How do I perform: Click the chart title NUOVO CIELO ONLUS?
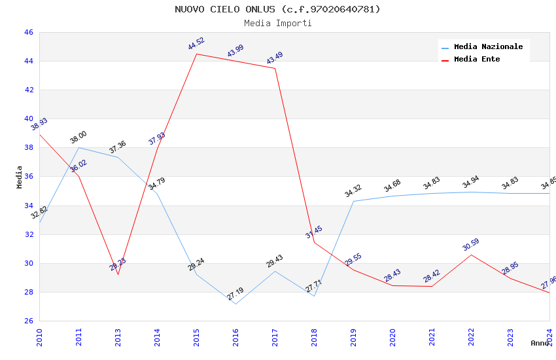point(277,9)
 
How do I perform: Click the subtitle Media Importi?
point(277,23)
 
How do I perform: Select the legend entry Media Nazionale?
point(488,47)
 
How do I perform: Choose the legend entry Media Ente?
point(477,60)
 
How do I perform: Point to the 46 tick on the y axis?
point(28,32)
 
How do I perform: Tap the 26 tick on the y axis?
point(28,321)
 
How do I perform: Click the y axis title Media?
point(20,177)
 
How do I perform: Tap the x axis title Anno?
point(540,343)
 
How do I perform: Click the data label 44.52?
point(196,44)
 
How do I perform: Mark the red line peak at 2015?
point(196,54)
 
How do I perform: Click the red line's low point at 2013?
point(118,274)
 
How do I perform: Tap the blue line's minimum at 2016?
point(235,304)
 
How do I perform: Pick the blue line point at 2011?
point(78,147)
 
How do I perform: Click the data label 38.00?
point(78,137)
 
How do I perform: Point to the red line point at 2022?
point(471,255)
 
